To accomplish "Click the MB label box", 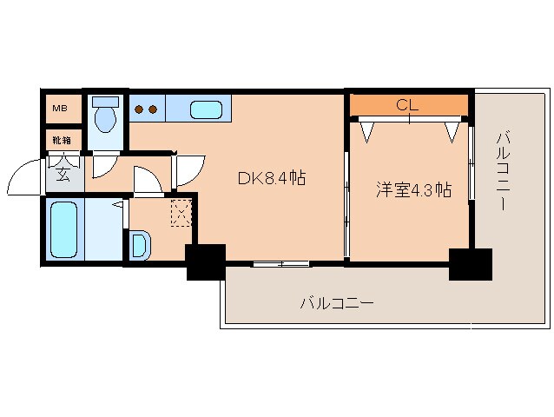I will (x=61, y=109).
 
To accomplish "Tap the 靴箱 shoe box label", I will (x=61, y=139).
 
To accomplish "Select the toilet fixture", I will (x=105, y=114).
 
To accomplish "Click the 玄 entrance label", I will (x=64, y=171).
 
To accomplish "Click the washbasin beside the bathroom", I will (x=140, y=246).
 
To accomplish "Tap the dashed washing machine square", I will (x=181, y=212).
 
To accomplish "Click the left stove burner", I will (x=139, y=109).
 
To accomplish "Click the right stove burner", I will (x=153, y=109).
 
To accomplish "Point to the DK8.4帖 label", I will (x=271, y=179).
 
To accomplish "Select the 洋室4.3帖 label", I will (x=412, y=189).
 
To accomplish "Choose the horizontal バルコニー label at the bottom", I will (x=337, y=303).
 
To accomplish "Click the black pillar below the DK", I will (x=206, y=261).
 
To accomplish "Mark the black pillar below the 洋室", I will (x=470, y=263).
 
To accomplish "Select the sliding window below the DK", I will (x=280, y=262).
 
